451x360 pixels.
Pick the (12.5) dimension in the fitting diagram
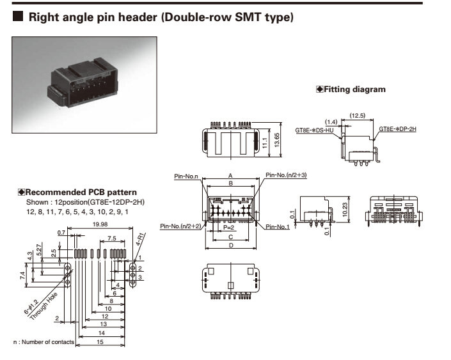(x=358, y=115)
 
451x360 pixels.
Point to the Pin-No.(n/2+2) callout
(x=182, y=226)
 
